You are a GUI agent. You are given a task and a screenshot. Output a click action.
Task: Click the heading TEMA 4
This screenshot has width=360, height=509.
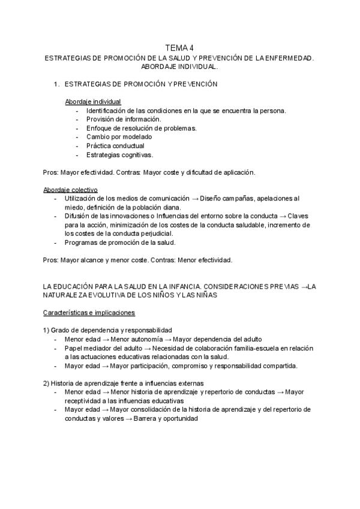tap(180, 49)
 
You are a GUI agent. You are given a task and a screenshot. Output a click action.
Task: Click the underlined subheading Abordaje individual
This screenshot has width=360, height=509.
tap(92, 101)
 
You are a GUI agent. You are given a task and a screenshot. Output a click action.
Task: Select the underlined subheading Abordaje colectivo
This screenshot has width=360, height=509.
tap(69, 189)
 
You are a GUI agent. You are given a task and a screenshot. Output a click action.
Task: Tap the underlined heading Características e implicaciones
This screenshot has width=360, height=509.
tap(89, 313)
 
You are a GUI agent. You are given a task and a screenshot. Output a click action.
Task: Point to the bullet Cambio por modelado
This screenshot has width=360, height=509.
tap(119, 136)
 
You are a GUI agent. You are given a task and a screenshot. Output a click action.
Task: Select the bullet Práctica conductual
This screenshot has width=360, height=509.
tap(115, 145)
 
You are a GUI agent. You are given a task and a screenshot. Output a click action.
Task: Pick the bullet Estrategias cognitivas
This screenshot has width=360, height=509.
tap(119, 154)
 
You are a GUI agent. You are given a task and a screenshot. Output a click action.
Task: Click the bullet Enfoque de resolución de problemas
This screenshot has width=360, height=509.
tap(142, 128)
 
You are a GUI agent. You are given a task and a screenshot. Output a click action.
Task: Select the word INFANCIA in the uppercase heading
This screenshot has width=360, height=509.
tap(177, 287)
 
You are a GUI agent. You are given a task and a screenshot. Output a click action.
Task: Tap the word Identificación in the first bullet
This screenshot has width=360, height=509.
tap(109, 110)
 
